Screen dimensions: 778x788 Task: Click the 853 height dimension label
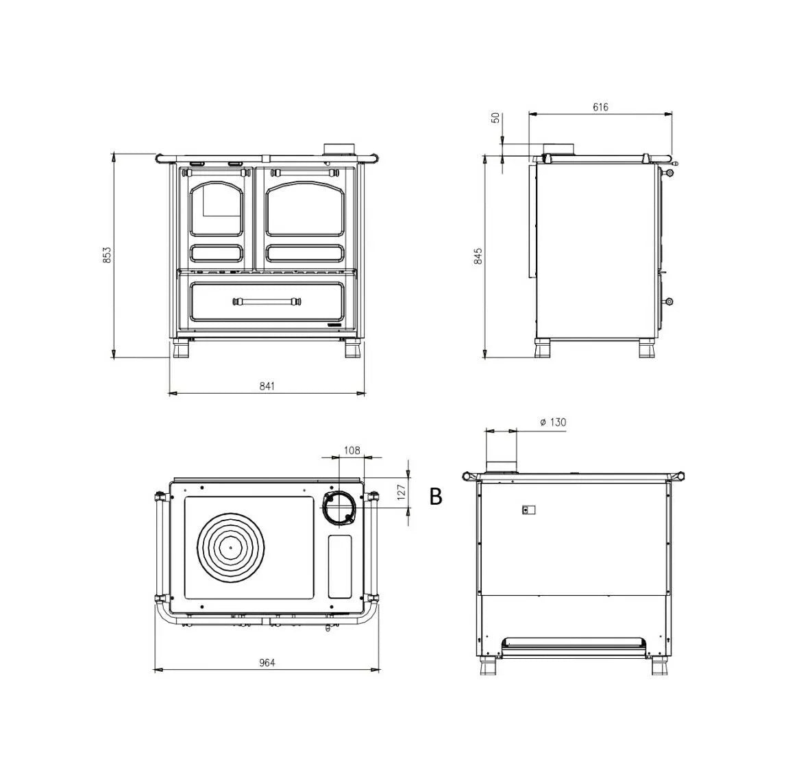107,255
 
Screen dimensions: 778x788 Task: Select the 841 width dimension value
267,386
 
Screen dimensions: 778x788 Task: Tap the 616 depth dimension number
600,107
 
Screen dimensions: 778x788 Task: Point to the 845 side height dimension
479,255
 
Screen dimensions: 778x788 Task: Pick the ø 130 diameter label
553,423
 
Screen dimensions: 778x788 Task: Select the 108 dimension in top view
352,450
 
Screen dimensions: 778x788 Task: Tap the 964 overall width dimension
267,662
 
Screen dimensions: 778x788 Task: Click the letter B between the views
436,497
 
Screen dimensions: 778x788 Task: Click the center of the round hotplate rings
231,547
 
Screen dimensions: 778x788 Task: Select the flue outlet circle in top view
338,507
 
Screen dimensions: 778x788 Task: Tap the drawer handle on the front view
267,301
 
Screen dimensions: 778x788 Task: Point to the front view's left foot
182,350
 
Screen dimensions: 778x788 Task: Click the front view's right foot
352,350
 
